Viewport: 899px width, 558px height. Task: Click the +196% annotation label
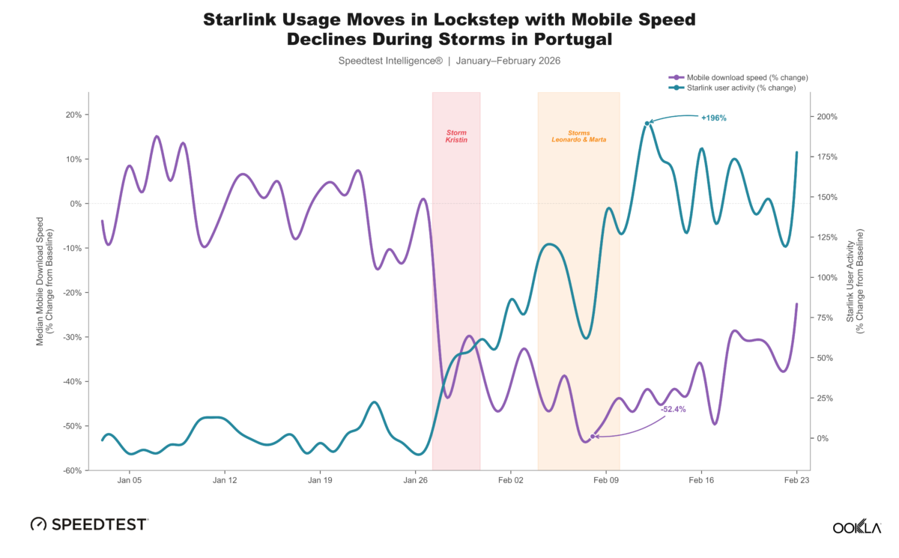click(x=713, y=118)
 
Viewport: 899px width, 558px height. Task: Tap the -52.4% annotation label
click(x=673, y=410)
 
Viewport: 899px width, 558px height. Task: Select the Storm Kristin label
click(x=456, y=136)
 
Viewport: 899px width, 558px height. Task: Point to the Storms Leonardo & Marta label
click(x=578, y=136)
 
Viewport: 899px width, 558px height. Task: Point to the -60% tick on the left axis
click(x=72, y=470)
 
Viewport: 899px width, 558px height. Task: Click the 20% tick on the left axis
click(x=73, y=115)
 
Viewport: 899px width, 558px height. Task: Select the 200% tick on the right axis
click(x=827, y=117)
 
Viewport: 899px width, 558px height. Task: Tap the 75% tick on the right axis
click(x=825, y=318)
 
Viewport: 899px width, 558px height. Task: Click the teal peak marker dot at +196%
click(x=647, y=124)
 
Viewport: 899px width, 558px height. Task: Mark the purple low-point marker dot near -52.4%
click(x=593, y=436)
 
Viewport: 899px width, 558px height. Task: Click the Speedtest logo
click(x=89, y=524)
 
